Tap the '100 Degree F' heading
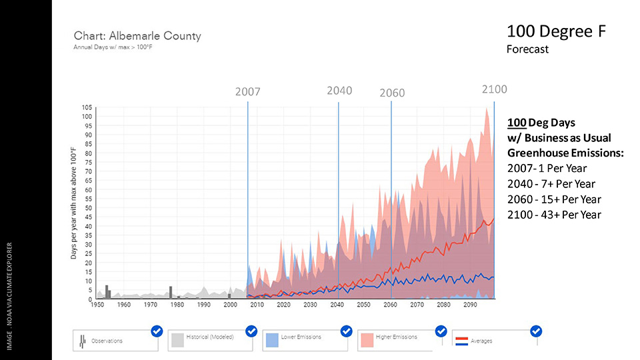point(555,31)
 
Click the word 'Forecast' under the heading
point(527,49)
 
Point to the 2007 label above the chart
point(247,92)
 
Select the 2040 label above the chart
point(339,91)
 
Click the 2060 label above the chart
point(392,93)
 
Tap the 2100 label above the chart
point(495,89)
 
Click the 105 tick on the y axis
point(87,108)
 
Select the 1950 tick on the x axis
point(97,305)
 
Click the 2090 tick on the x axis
point(470,305)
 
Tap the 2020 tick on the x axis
point(283,305)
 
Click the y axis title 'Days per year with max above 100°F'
point(75,203)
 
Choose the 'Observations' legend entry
point(107,341)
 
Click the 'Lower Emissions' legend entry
point(301,337)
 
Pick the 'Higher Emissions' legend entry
point(396,337)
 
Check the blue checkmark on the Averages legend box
point(535,331)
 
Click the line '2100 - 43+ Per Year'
point(554,215)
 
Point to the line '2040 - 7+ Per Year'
point(551,184)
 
